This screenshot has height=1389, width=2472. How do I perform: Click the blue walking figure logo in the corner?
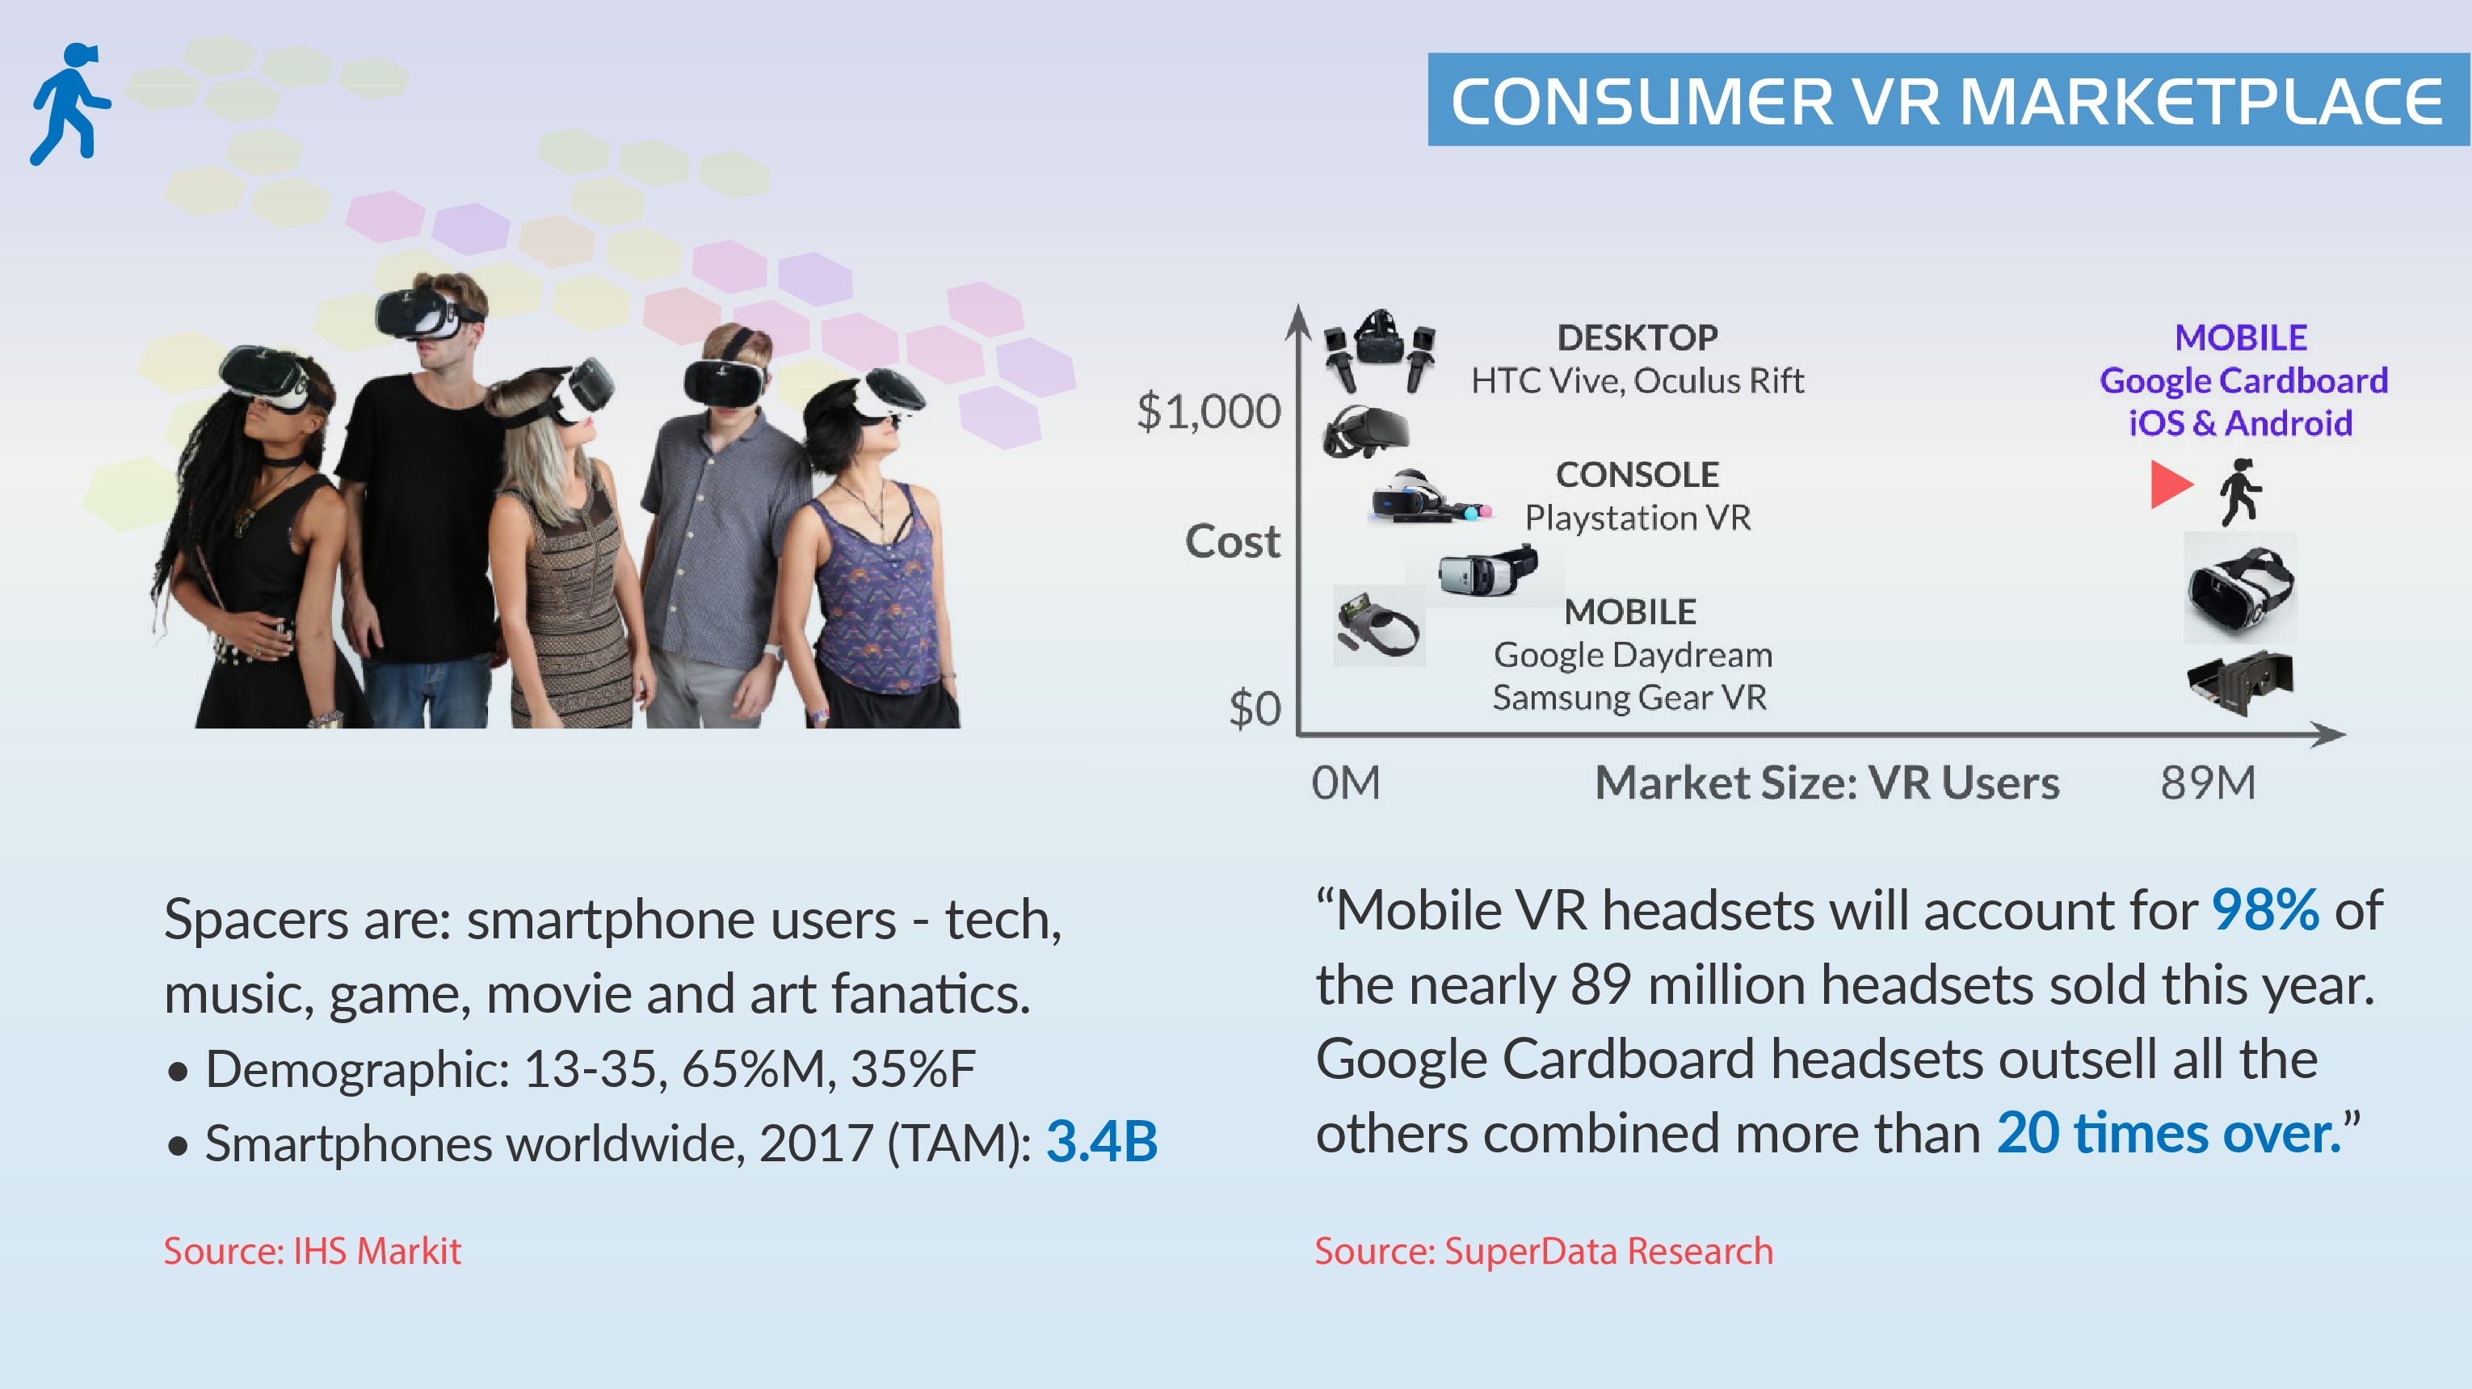70,103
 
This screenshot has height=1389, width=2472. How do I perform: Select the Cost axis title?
1232,541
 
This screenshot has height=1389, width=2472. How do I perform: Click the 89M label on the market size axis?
2207,782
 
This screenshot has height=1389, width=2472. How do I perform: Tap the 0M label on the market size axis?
1345,782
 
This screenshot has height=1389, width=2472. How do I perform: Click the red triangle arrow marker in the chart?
2171,485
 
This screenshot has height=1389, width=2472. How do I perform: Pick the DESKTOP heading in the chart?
1637,337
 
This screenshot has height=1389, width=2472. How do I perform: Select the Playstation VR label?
1638,518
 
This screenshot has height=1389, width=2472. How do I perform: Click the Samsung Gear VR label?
1629,698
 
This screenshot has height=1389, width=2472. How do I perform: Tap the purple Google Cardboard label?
2243,381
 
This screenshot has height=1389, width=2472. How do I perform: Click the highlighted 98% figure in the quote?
2264,909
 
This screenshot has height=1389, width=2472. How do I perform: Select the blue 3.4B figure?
1102,1142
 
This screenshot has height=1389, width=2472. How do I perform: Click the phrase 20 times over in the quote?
2169,1133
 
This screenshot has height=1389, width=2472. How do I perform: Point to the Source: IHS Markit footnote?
312,1251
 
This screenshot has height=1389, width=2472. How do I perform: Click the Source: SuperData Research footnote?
1543,1251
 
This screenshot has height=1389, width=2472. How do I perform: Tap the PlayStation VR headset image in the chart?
1429,496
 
